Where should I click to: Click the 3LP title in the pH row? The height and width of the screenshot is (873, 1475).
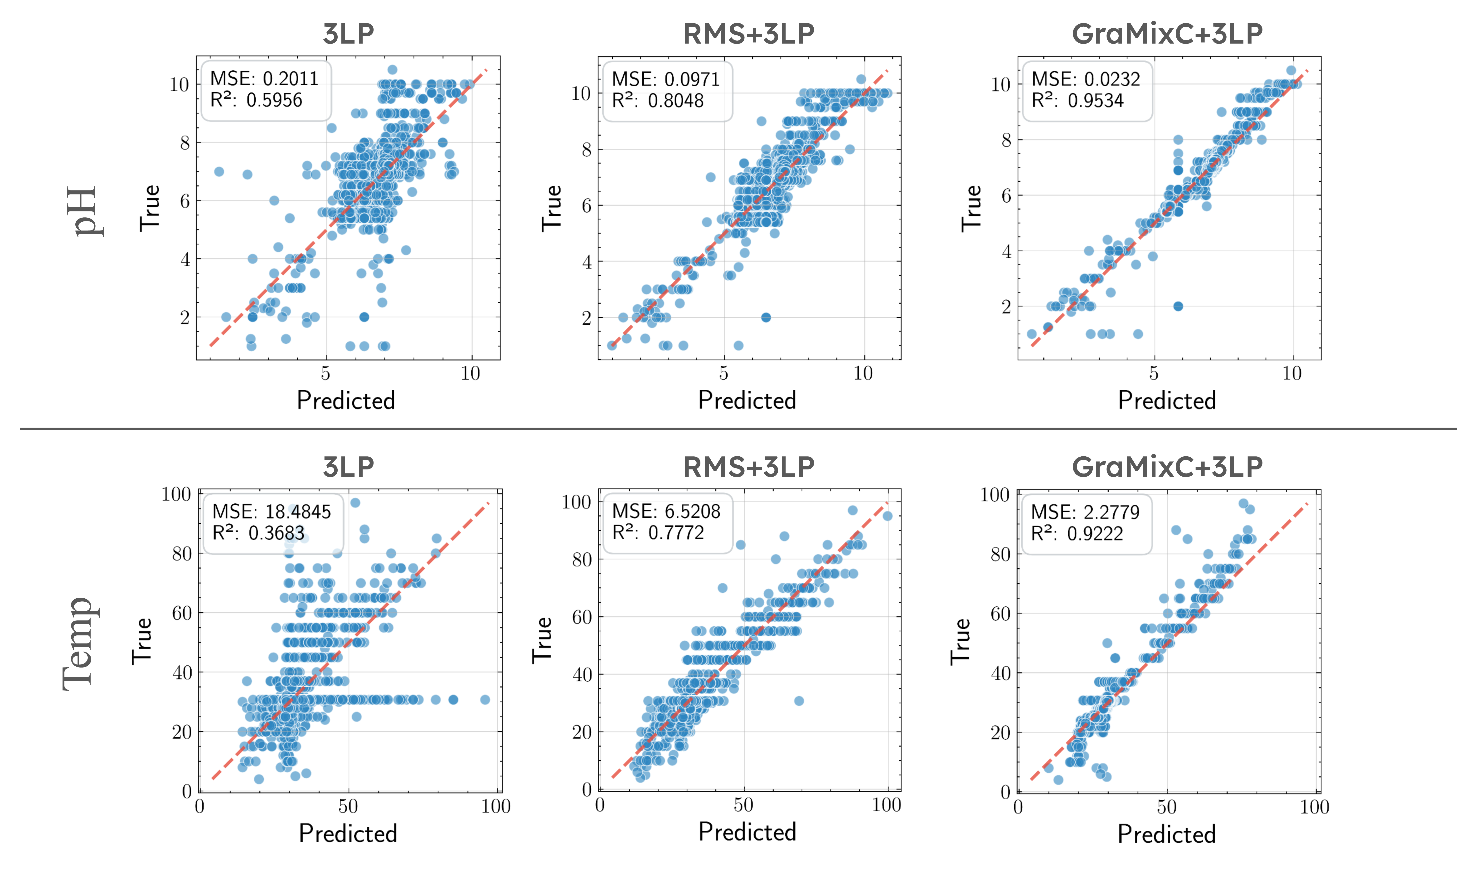click(x=348, y=34)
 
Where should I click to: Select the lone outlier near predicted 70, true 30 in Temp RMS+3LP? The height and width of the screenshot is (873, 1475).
click(x=799, y=701)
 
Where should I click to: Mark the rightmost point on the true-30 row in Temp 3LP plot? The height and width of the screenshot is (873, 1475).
click(x=485, y=699)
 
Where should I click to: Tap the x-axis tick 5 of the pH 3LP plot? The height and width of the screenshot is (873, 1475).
click(x=325, y=373)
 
